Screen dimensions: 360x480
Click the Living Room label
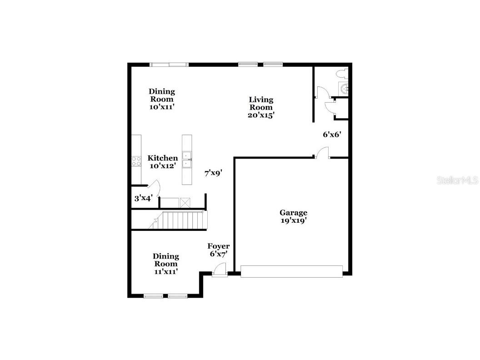click(x=261, y=103)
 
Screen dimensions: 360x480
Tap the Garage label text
click(x=293, y=212)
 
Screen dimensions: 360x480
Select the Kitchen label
click(x=162, y=158)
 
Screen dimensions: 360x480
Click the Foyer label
click(x=219, y=246)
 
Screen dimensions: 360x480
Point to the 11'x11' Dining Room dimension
click(x=165, y=271)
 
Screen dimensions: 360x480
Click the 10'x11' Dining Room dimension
click(x=162, y=107)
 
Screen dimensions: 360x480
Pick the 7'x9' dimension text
click(x=213, y=173)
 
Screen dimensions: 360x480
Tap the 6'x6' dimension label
click(x=332, y=135)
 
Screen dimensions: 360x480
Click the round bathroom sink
click(x=344, y=88)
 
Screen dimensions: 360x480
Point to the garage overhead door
click(x=291, y=272)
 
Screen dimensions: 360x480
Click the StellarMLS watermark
click(x=457, y=180)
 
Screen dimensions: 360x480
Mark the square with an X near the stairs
click(x=185, y=202)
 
